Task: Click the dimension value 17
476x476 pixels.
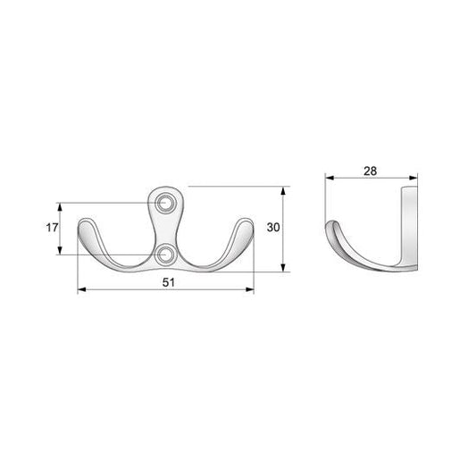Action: tap(51, 228)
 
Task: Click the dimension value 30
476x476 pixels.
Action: tap(274, 228)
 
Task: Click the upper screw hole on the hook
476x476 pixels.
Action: tap(165, 205)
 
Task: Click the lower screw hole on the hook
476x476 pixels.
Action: tap(165, 256)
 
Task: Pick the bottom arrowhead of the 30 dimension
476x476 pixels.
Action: tap(285, 269)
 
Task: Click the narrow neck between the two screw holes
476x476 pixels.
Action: tap(165, 230)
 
